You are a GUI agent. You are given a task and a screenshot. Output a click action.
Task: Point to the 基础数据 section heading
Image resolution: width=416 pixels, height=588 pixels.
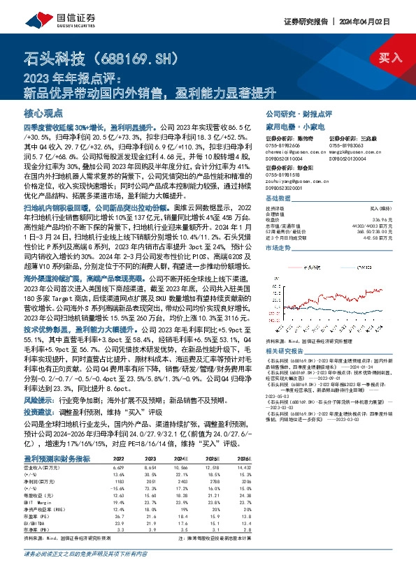click(x=279, y=198)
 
